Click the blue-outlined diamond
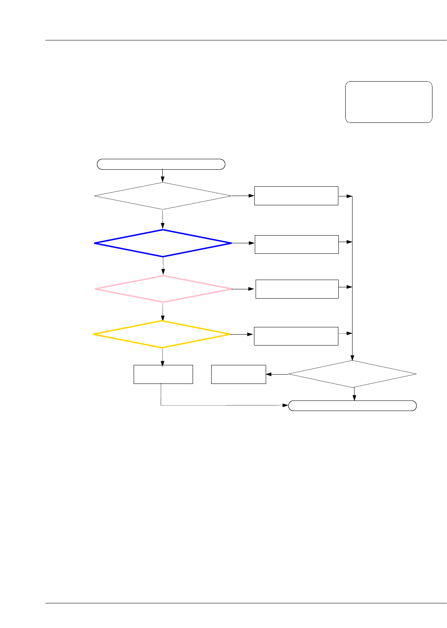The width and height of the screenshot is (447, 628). pos(163,243)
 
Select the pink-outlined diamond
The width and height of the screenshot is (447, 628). pos(164,289)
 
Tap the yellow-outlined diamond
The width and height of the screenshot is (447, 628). pos(162,334)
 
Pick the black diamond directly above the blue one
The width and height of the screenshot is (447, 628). pos(163,196)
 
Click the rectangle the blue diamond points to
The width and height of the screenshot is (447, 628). pos(296,244)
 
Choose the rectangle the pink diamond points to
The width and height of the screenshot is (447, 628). pos(297,289)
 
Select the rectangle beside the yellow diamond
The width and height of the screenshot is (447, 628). pos(296,336)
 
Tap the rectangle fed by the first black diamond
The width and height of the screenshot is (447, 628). pos(296,196)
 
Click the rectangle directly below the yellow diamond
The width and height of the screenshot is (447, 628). pos(163,374)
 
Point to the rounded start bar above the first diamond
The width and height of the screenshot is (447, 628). pos(161,164)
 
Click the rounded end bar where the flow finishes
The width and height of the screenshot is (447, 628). pos(352,406)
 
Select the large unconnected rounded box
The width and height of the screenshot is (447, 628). pos(388,102)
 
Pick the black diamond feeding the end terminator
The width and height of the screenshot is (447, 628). pos(352,374)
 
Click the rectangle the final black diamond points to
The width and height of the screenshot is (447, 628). pos(239,374)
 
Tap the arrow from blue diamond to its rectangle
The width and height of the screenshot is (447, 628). pos(243,243)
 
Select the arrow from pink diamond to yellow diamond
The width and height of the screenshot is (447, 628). pos(163,311)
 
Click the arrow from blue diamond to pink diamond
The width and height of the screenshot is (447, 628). pos(163,266)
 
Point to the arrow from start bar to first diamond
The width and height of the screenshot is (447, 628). pos(162,175)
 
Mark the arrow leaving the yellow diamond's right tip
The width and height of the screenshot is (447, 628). pos(242,335)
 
